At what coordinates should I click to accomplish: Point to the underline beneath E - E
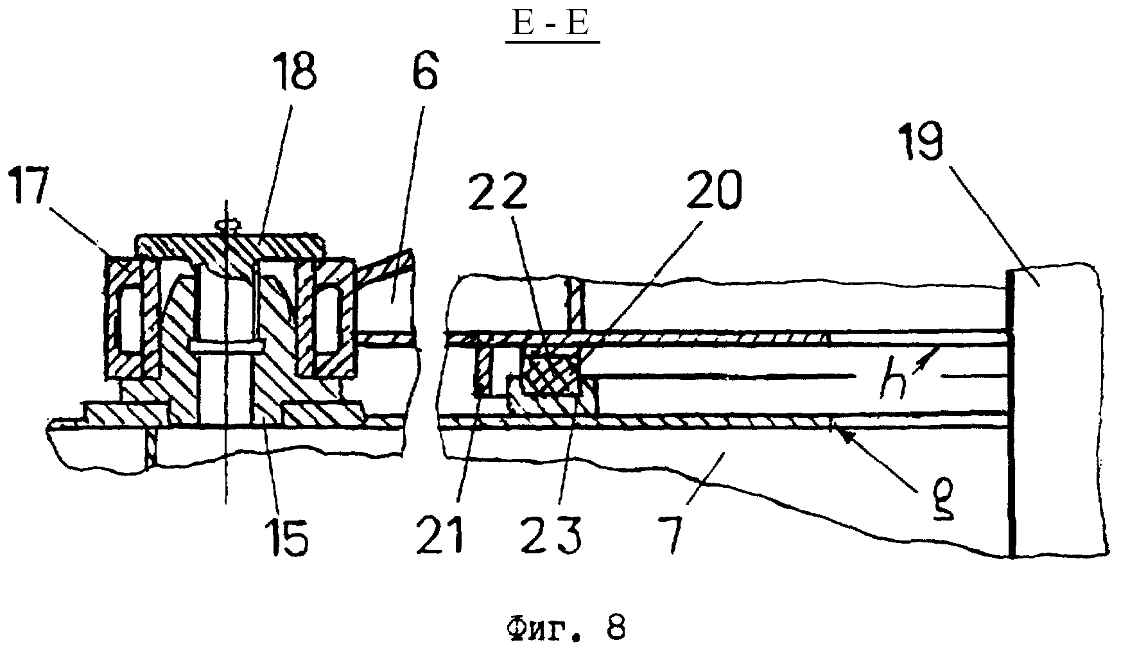click(x=553, y=42)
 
